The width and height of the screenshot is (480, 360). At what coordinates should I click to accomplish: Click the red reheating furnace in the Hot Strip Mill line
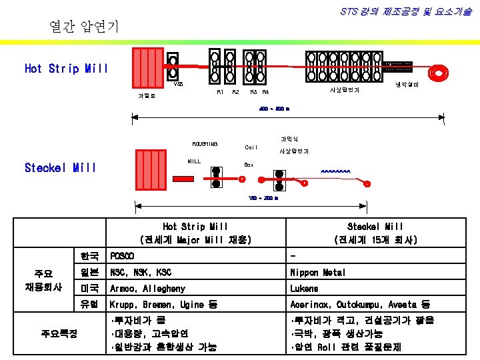point(147,68)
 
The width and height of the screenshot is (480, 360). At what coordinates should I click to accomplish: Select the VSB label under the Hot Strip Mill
point(178,84)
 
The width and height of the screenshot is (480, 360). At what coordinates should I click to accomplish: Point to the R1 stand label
point(220,92)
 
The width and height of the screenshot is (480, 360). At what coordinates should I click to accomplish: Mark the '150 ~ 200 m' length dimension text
point(263,198)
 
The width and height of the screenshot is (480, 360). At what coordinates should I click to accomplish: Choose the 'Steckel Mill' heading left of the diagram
point(60,167)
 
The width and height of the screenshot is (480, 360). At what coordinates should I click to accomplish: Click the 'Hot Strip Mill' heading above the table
point(195,227)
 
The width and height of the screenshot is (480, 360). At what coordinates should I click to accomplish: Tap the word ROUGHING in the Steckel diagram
point(205,143)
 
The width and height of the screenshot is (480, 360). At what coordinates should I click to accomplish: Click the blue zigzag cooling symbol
point(335,171)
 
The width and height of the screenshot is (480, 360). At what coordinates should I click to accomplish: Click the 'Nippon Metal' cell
point(318,273)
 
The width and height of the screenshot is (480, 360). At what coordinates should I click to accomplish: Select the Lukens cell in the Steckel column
point(304,289)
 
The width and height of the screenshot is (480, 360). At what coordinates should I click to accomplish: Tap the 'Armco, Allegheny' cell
point(148,289)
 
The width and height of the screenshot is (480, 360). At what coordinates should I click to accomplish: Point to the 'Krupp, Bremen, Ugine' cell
point(163,305)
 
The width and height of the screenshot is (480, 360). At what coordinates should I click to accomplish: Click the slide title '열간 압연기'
point(85,27)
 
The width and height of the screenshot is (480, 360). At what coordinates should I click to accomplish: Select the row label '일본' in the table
point(89,273)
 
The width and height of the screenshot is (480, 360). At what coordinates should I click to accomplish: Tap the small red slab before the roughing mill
point(182,179)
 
